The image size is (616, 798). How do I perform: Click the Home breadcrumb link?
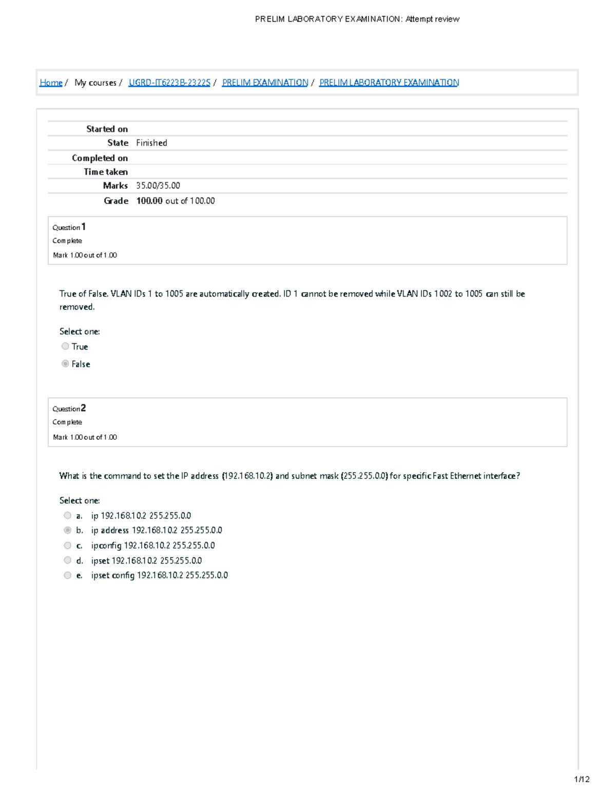click(51, 83)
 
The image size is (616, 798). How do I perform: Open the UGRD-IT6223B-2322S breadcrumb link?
click(169, 83)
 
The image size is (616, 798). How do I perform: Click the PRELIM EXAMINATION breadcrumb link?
click(265, 83)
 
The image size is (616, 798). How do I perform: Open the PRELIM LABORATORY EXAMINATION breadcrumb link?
click(389, 83)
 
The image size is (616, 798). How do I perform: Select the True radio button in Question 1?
click(65, 346)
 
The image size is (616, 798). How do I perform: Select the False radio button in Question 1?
click(65, 364)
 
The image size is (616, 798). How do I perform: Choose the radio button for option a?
click(67, 515)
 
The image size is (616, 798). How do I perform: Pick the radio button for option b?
click(67, 530)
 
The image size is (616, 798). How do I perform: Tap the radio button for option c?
click(67, 545)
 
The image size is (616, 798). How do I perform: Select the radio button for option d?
click(67, 560)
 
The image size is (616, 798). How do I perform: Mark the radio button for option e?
click(67, 576)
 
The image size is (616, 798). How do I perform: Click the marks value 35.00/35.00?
click(158, 185)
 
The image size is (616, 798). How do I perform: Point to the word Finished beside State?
click(151, 143)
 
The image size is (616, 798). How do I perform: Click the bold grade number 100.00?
click(149, 201)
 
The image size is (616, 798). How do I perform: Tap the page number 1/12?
click(582, 780)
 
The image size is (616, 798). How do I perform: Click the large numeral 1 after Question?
click(83, 227)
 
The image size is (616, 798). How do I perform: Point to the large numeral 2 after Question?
click(83, 408)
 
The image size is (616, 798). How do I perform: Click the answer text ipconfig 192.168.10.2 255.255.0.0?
click(153, 545)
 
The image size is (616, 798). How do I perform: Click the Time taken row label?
click(106, 172)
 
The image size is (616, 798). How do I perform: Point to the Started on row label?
click(107, 129)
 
